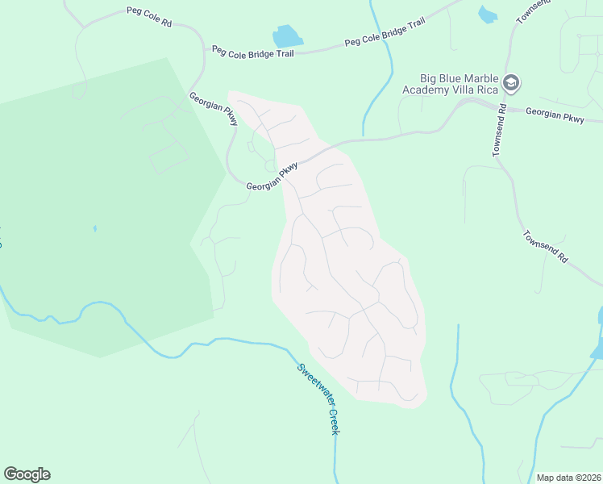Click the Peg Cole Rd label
point(149,17)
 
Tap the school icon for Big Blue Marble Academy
point(511,82)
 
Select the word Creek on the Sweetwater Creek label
point(335,420)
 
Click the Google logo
point(27,474)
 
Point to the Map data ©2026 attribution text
point(568,478)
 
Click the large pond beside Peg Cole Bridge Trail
point(286,36)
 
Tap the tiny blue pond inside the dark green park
point(94,228)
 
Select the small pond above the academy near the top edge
point(488,14)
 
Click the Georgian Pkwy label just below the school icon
point(555,116)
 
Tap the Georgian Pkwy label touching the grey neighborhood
point(272,175)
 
